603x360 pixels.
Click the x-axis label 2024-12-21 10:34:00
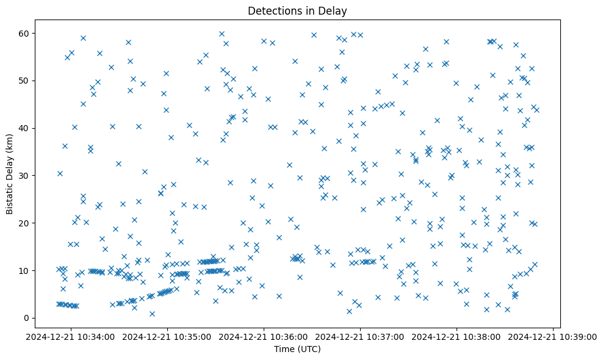pos(71,336)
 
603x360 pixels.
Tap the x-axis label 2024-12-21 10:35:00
pos(168,336)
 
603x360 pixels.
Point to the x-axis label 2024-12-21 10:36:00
pos(264,336)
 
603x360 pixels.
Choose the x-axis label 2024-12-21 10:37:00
pos(361,336)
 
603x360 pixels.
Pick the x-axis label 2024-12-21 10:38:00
pos(457,336)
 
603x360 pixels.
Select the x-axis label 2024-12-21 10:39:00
pos(553,336)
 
